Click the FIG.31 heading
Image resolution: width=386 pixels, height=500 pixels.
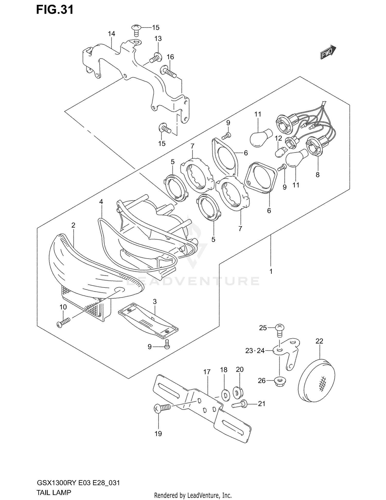point(55,10)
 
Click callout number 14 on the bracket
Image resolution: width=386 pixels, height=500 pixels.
point(111,34)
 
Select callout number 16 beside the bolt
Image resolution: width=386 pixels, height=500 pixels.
point(170,57)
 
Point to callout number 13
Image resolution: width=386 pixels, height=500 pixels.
point(158,39)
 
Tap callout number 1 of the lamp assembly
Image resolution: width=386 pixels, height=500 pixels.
point(271,271)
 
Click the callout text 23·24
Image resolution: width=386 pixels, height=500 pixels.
point(255,351)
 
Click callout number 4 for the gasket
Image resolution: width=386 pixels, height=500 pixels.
point(101,202)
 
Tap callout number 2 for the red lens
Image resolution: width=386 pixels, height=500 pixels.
point(73,225)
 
